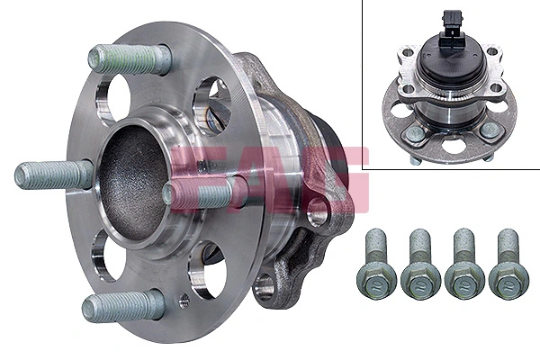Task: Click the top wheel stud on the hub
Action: [x=130, y=58]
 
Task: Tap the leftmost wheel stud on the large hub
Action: [x=54, y=174]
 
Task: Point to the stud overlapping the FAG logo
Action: [x=202, y=192]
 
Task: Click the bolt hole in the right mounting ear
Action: [x=317, y=214]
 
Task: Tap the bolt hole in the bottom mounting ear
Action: [x=264, y=287]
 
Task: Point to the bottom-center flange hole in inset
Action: [x=452, y=144]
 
